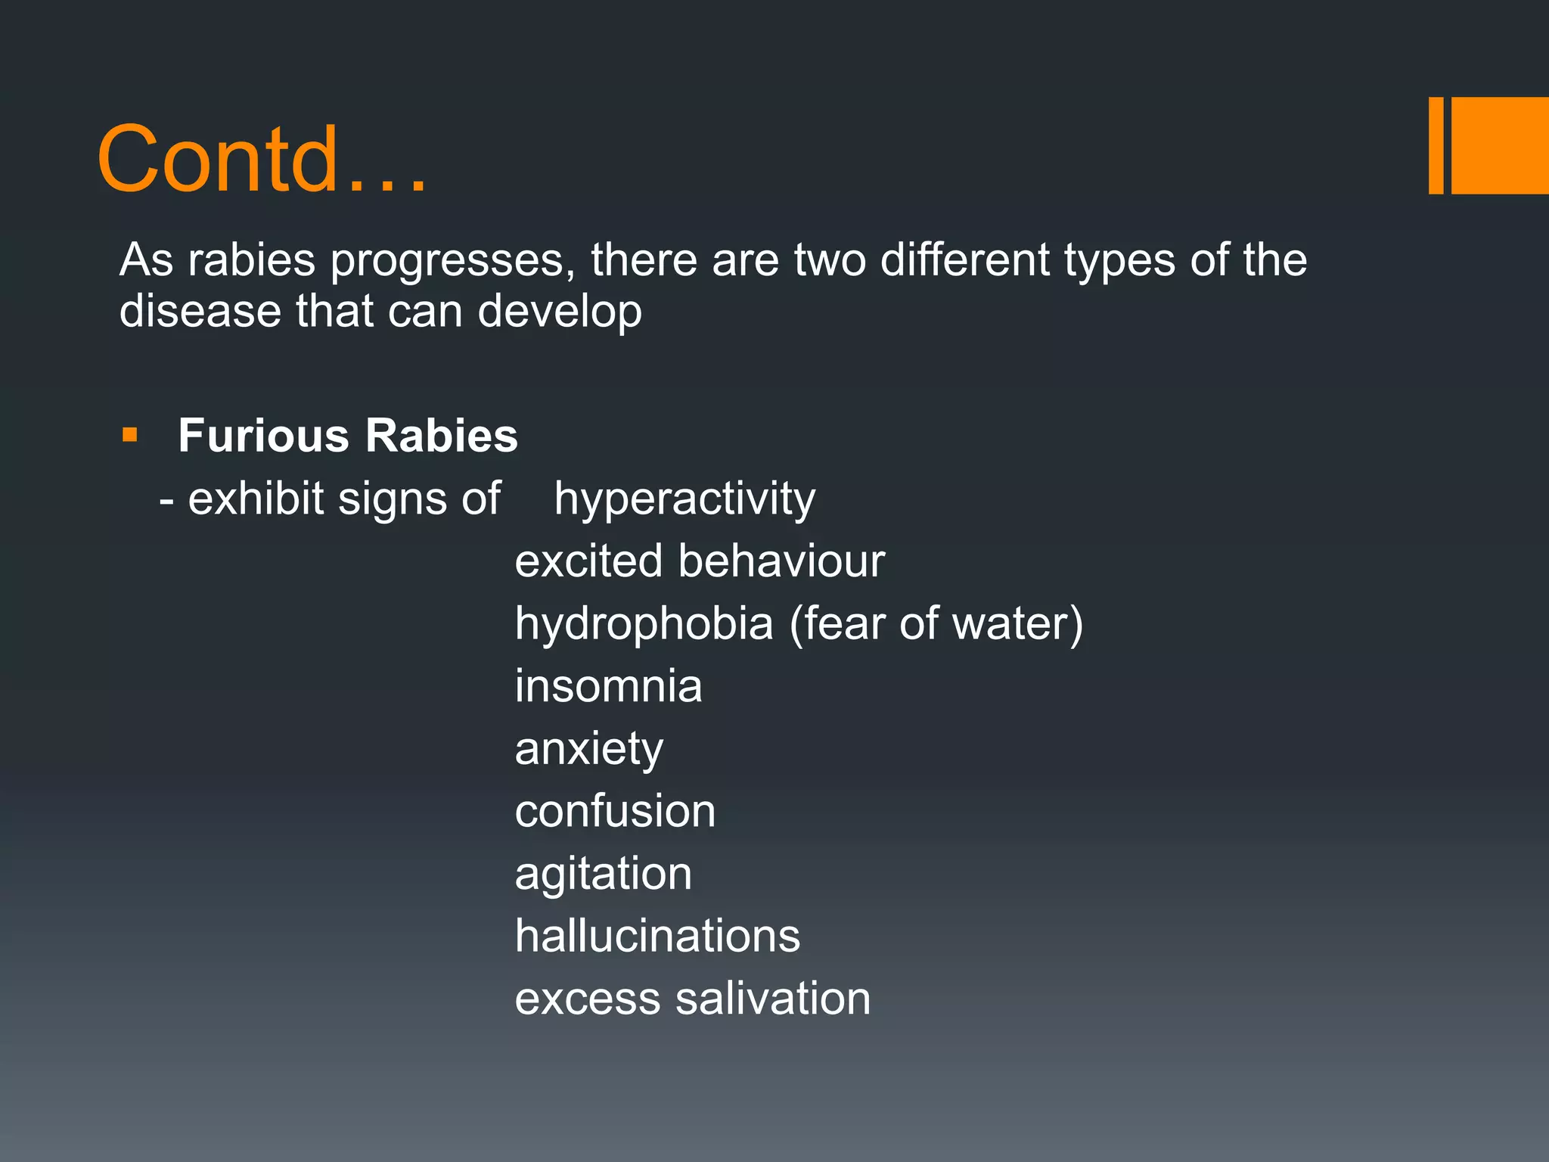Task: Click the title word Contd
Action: [261, 159]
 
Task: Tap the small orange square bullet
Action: [130, 435]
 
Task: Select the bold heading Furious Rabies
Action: [348, 436]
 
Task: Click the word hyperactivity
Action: [684, 499]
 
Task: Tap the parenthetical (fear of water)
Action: [936, 624]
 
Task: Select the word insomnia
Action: [609, 686]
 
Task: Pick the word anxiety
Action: [589, 750]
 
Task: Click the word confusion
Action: [615, 811]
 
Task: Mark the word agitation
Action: [604, 875]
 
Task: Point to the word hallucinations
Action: [657, 936]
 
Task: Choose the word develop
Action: [560, 312]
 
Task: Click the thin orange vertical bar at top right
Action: [1436, 145]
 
